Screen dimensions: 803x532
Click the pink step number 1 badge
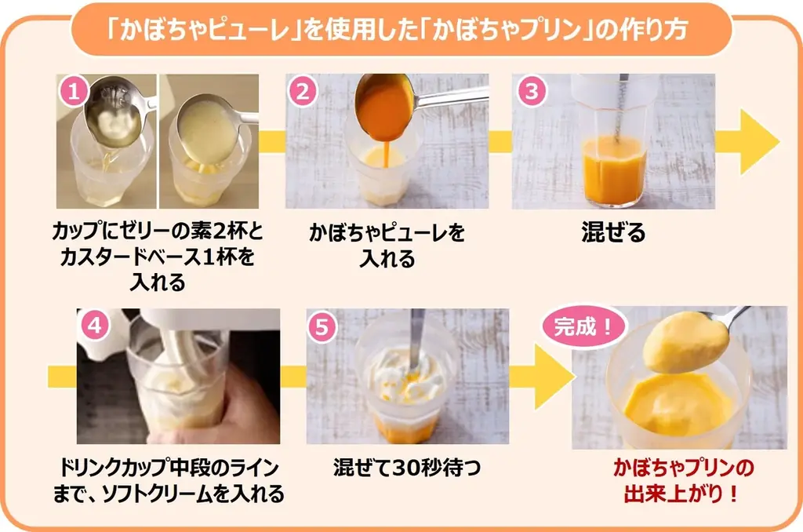[x=74, y=91]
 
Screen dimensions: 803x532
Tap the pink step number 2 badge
[x=303, y=91]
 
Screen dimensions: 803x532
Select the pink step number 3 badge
[x=532, y=91]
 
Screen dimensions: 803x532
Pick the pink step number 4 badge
[x=95, y=325]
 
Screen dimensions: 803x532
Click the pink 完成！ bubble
[x=583, y=326]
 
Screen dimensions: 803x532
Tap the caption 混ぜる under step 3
[x=613, y=232]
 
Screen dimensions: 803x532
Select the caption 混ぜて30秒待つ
[x=407, y=468]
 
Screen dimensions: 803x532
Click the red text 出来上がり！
[x=681, y=494]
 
